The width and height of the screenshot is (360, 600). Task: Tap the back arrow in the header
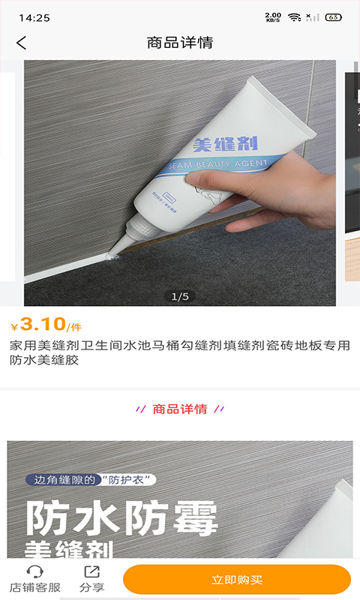21,43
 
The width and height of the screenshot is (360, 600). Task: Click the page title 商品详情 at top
180,43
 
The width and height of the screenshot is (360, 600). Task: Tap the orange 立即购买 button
237,580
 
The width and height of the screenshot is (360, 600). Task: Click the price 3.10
43,324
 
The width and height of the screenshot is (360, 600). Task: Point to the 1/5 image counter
180,297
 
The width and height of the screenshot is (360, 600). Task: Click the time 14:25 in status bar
34,17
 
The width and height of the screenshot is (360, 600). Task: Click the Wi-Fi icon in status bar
294,17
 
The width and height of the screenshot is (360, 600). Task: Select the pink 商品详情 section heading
180,409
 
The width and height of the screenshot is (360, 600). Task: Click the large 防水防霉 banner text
121,517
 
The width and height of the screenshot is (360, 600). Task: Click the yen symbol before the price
14,327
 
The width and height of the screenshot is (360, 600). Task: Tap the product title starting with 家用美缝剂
180,352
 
